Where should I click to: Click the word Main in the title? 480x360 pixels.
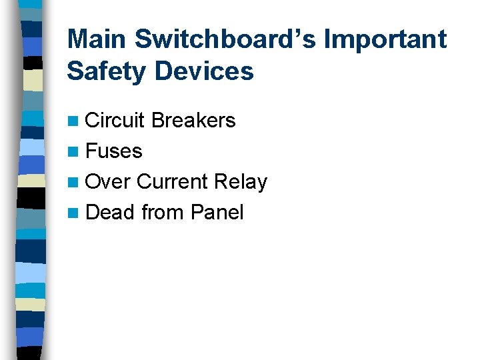coord(97,39)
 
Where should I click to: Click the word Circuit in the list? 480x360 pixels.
coord(115,120)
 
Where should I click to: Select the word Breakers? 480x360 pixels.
coord(193,120)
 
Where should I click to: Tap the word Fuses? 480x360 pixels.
coord(114,151)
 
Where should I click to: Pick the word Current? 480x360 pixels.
coord(172,181)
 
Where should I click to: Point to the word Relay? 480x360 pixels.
coord(241,181)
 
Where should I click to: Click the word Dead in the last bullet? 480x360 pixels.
coord(111,212)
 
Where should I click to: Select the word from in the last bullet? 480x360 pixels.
coord(163,212)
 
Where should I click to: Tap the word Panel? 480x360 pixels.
coord(217,212)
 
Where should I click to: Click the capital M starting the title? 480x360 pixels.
coord(78,39)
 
